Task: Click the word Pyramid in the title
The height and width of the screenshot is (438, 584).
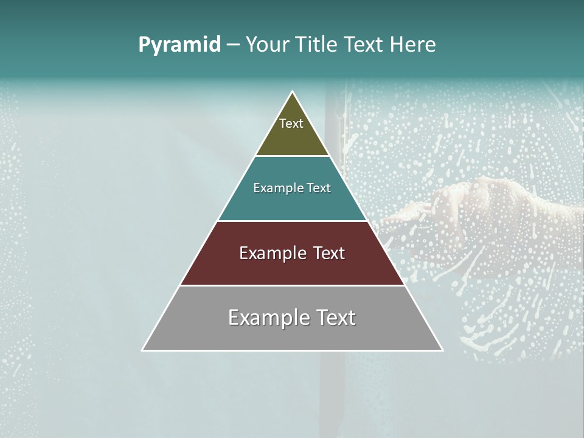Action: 179,45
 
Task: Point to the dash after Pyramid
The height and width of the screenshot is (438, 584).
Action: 233,45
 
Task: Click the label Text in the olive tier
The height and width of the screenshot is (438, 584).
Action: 291,123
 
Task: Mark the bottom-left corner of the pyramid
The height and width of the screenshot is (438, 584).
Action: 143,350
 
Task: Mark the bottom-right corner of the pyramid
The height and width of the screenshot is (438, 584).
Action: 442,350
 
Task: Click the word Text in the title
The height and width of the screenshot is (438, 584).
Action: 366,45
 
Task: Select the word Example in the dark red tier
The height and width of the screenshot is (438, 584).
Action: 267,253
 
